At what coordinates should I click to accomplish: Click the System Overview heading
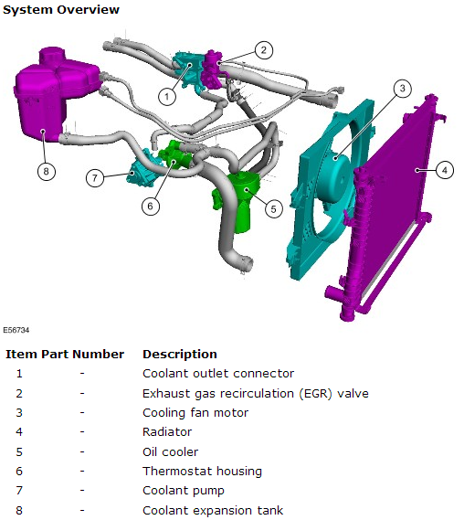pyautogui.click(x=60, y=9)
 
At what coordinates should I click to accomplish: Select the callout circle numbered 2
pyautogui.click(x=263, y=50)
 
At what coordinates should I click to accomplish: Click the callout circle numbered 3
pyautogui.click(x=401, y=89)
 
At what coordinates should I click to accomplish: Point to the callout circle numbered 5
pyautogui.click(x=272, y=208)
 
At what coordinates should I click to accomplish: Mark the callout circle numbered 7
pyautogui.click(x=95, y=177)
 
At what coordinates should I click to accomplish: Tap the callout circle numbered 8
pyautogui.click(x=45, y=170)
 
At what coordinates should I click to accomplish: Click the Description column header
pyautogui.click(x=179, y=354)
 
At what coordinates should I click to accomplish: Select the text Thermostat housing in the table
pyautogui.click(x=202, y=472)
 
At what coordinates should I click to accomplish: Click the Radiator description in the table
pyautogui.click(x=167, y=432)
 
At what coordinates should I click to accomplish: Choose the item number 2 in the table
pyautogui.click(x=19, y=393)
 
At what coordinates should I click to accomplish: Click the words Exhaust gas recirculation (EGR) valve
pyautogui.click(x=255, y=393)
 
